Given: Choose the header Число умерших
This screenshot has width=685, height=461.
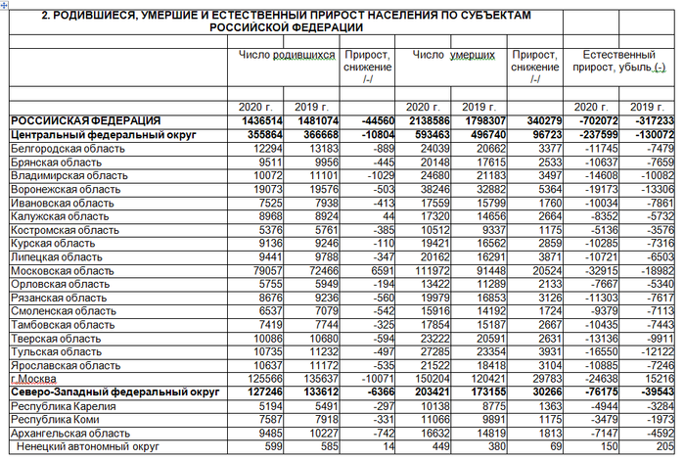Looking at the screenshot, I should click(450, 57).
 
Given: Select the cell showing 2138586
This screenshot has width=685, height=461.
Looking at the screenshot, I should click(427, 120).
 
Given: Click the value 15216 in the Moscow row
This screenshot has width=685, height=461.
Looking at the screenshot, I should click(660, 379).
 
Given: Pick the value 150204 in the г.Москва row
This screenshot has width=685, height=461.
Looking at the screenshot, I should click(429, 379).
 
